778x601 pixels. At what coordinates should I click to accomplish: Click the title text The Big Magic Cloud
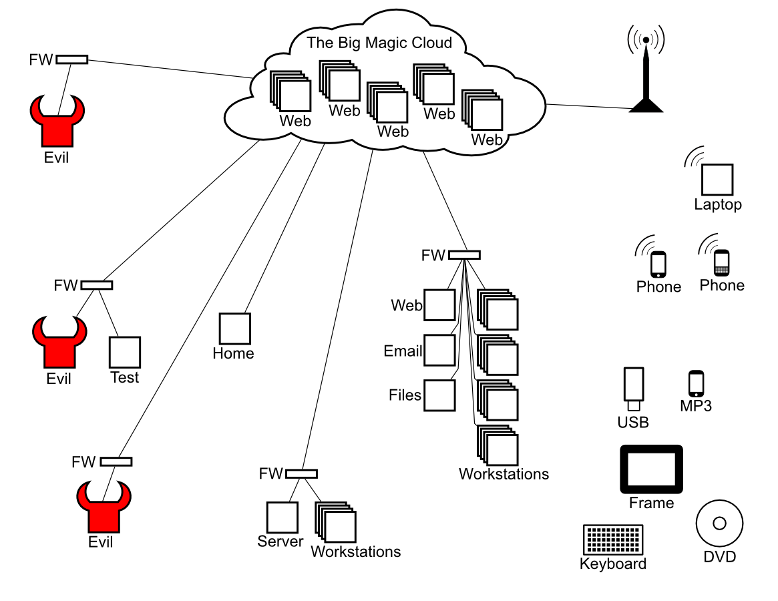pos(379,43)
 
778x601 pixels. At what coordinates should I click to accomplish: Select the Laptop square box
pos(717,180)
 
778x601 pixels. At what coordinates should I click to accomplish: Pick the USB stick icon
pos(633,389)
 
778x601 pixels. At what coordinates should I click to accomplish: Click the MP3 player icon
pos(696,383)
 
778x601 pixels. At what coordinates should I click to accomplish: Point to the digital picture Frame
pos(651,469)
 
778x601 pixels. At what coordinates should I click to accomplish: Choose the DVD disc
pos(719,524)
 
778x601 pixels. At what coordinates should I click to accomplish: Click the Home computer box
pos(235,329)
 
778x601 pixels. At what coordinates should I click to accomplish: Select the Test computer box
pos(125,353)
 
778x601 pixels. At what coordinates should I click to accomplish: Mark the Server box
pos(282,517)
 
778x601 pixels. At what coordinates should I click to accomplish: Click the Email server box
pos(439,350)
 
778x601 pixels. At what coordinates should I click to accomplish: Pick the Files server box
pos(439,395)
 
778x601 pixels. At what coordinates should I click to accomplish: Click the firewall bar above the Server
pos(301,474)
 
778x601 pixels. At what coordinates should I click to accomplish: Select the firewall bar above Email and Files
pos(464,254)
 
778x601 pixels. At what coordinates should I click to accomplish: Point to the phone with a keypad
pos(721,263)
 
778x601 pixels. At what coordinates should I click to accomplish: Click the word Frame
pos(651,503)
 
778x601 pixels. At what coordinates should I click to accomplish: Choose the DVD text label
pos(719,556)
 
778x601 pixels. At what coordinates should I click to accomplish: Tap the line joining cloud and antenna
pos(588,106)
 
